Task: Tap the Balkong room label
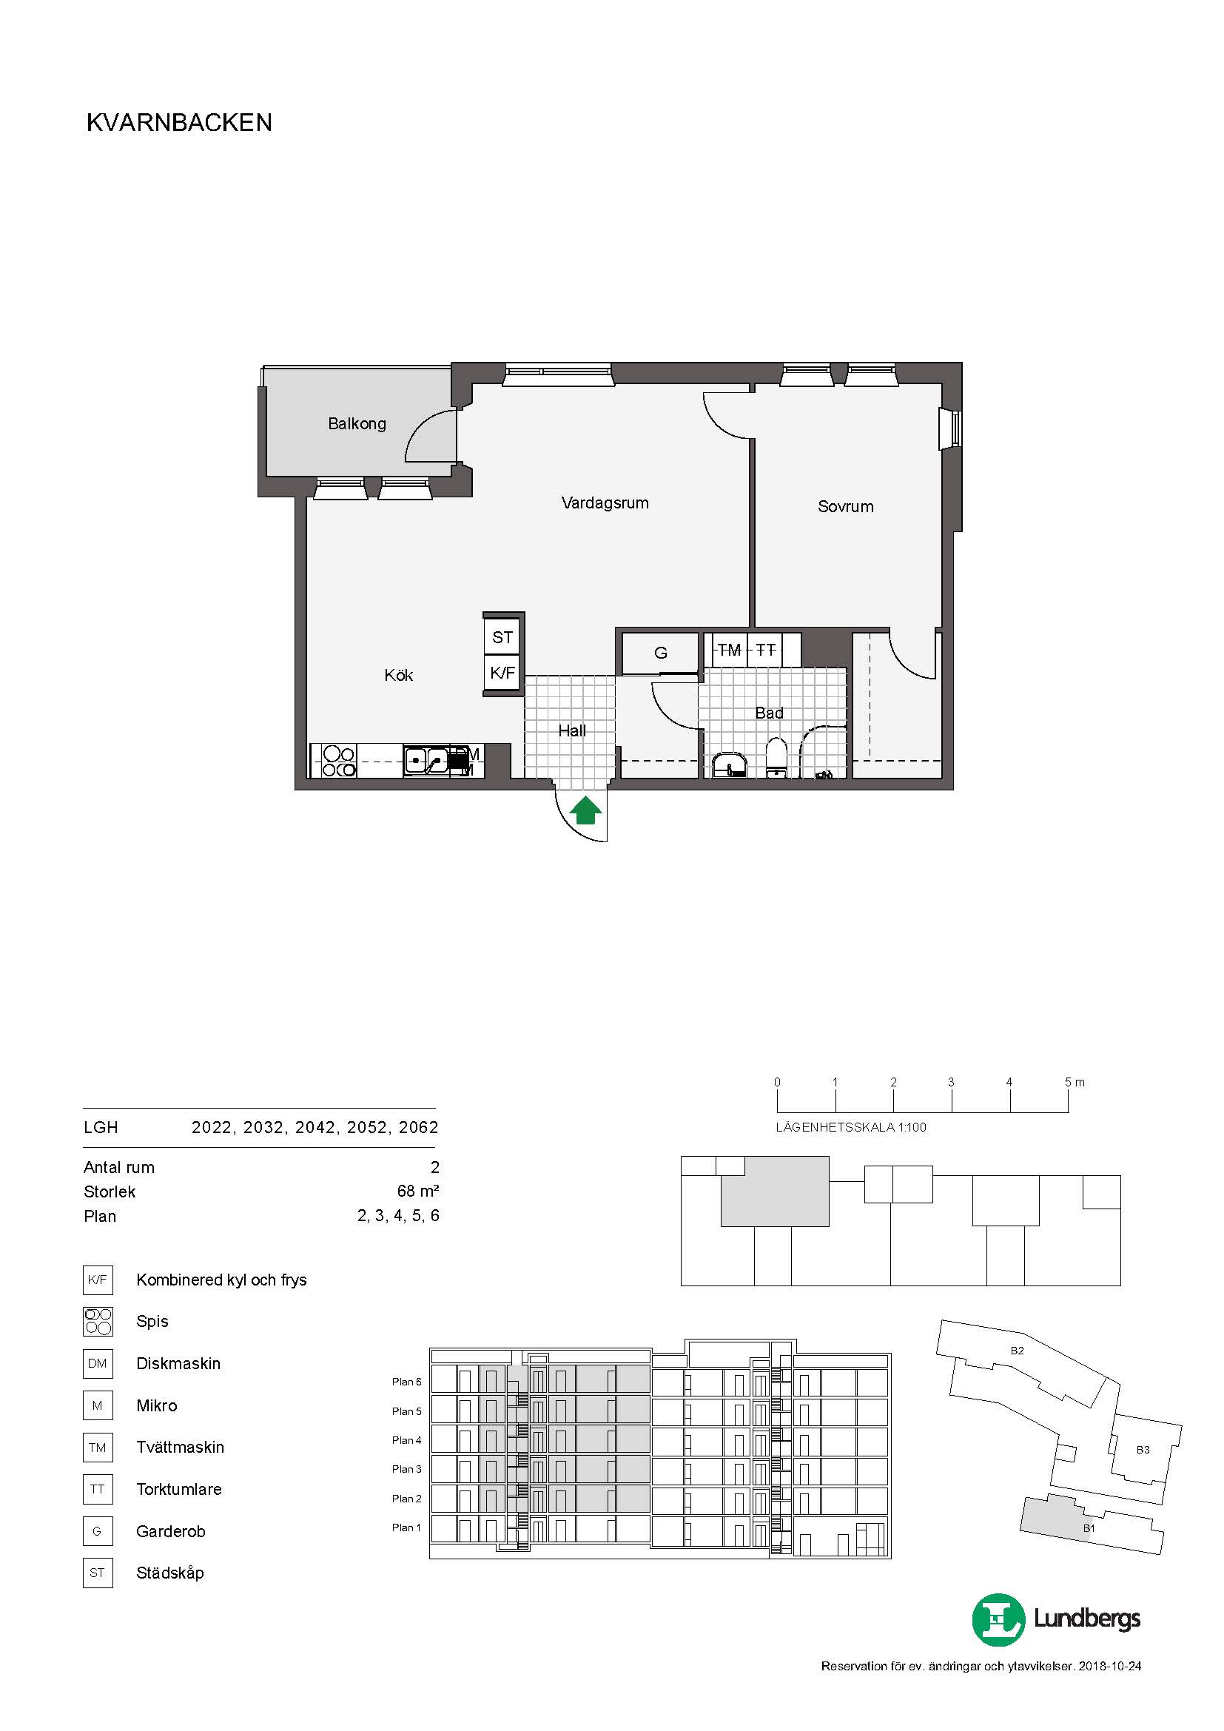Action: pos(357,424)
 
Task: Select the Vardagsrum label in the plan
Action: pos(605,503)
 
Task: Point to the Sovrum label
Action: pos(845,507)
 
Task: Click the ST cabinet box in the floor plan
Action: pos(502,637)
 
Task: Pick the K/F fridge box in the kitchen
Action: pos(502,673)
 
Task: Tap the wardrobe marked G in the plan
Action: pos(660,653)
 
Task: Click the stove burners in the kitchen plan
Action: pos(338,761)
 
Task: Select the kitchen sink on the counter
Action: pos(426,760)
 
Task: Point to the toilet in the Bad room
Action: pos(776,757)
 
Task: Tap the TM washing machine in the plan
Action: pos(729,649)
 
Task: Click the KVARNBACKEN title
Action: pos(179,123)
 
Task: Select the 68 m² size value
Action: pos(417,1191)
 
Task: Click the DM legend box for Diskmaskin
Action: pos(97,1363)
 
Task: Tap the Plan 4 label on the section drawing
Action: pos(406,1440)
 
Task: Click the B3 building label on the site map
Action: pos(1143,1450)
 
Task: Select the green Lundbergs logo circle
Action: pos(998,1619)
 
